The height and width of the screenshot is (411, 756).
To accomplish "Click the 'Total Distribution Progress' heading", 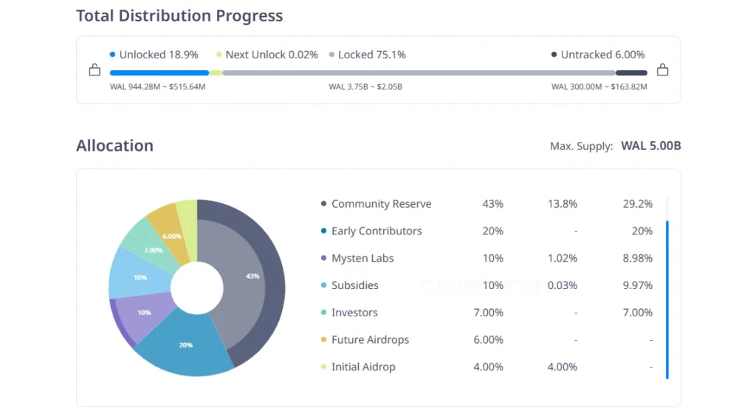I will pos(179,16).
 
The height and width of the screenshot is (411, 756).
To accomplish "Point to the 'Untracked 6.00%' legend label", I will pos(602,55).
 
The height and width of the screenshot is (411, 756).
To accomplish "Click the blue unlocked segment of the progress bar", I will pos(159,73).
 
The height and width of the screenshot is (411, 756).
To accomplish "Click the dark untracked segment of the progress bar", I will pos(631,73).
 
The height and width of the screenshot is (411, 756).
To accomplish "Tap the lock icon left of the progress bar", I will pos(94,71).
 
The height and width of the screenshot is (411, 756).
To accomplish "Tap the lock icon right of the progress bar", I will pos(662,71).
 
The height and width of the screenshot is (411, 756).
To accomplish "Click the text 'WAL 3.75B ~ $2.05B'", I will pos(365,87).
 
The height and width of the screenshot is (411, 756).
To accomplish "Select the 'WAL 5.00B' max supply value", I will pos(650,146).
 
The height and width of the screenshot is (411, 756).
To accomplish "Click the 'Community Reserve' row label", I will pos(381,204).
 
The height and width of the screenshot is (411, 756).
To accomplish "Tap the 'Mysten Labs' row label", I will pos(362,258).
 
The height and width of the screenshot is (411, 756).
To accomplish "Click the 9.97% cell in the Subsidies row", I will pos(637,285).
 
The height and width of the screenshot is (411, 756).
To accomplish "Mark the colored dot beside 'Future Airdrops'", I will pos(323,340).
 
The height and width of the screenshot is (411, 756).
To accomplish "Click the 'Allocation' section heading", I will pos(114,146).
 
